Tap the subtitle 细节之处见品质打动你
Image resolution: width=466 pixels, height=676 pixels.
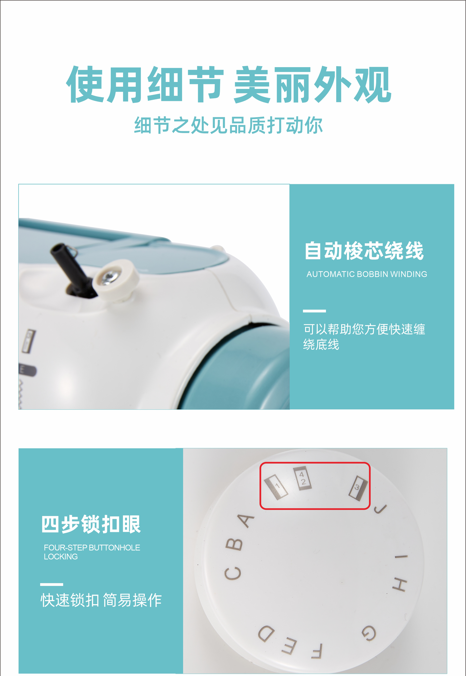point(228,125)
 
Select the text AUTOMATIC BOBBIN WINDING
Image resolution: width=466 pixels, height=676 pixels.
point(367,274)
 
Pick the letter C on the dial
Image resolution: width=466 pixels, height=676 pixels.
point(233,573)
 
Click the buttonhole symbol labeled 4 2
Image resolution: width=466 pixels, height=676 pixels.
point(302,478)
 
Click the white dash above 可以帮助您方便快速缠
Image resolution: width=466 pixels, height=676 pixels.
point(314,311)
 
